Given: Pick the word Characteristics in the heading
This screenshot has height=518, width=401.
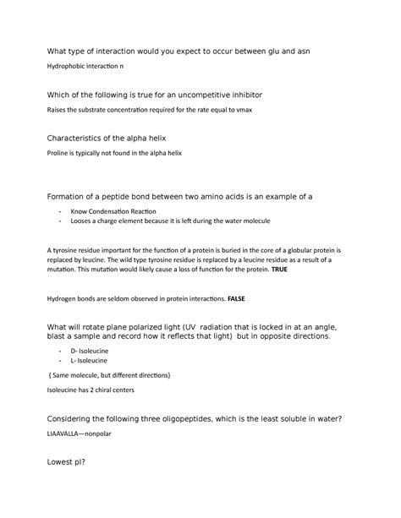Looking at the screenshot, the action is click(68, 139).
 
